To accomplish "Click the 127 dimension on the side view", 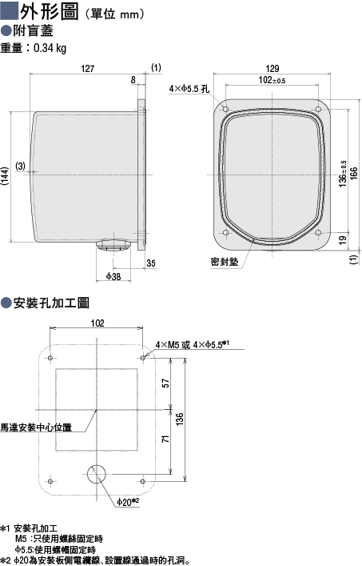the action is click(x=88, y=69).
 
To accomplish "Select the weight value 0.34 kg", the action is click(x=50, y=48).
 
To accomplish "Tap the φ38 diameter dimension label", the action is click(x=113, y=277).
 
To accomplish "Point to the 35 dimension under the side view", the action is click(x=151, y=263).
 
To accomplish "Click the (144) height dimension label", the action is click(x=5, y=176).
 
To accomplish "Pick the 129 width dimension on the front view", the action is click(x=272, y=69).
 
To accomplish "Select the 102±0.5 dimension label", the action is click(x=272, y=80).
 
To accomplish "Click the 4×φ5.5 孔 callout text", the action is click(x=189, y=88).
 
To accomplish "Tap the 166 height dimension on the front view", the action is click(x=354, y=174).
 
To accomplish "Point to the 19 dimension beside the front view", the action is click(x=343, y=239).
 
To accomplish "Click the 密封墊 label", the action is click(x=225, y=262).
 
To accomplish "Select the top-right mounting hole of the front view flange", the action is click(x=318, y=109).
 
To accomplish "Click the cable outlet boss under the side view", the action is click(x=113, y=245).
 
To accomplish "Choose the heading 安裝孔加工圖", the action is click(x=51, y=303).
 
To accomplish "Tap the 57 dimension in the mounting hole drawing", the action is click(x=165, y=383).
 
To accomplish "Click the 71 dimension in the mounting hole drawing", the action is click(x=165, y=440).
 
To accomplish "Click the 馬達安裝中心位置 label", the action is click(x=36, y=428).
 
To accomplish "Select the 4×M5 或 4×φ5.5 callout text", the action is click(x=193, y=345).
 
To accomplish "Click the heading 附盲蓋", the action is click(x=33, y=31).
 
